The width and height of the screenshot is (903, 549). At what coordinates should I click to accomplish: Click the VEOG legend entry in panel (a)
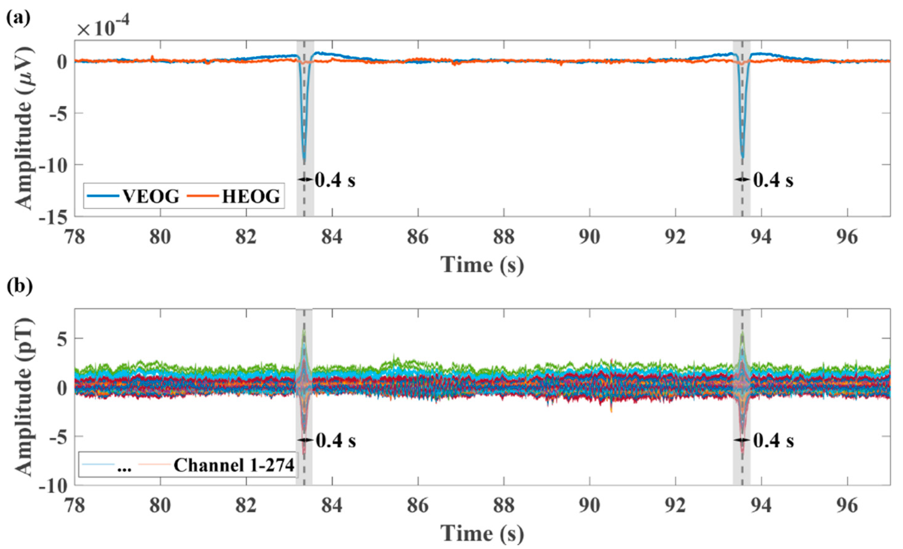150,197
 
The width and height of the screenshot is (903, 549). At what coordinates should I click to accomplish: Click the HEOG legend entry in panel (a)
251,197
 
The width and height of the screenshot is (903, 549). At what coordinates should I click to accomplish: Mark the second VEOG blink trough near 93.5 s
742,157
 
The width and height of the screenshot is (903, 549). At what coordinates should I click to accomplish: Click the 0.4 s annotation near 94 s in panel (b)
773,441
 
